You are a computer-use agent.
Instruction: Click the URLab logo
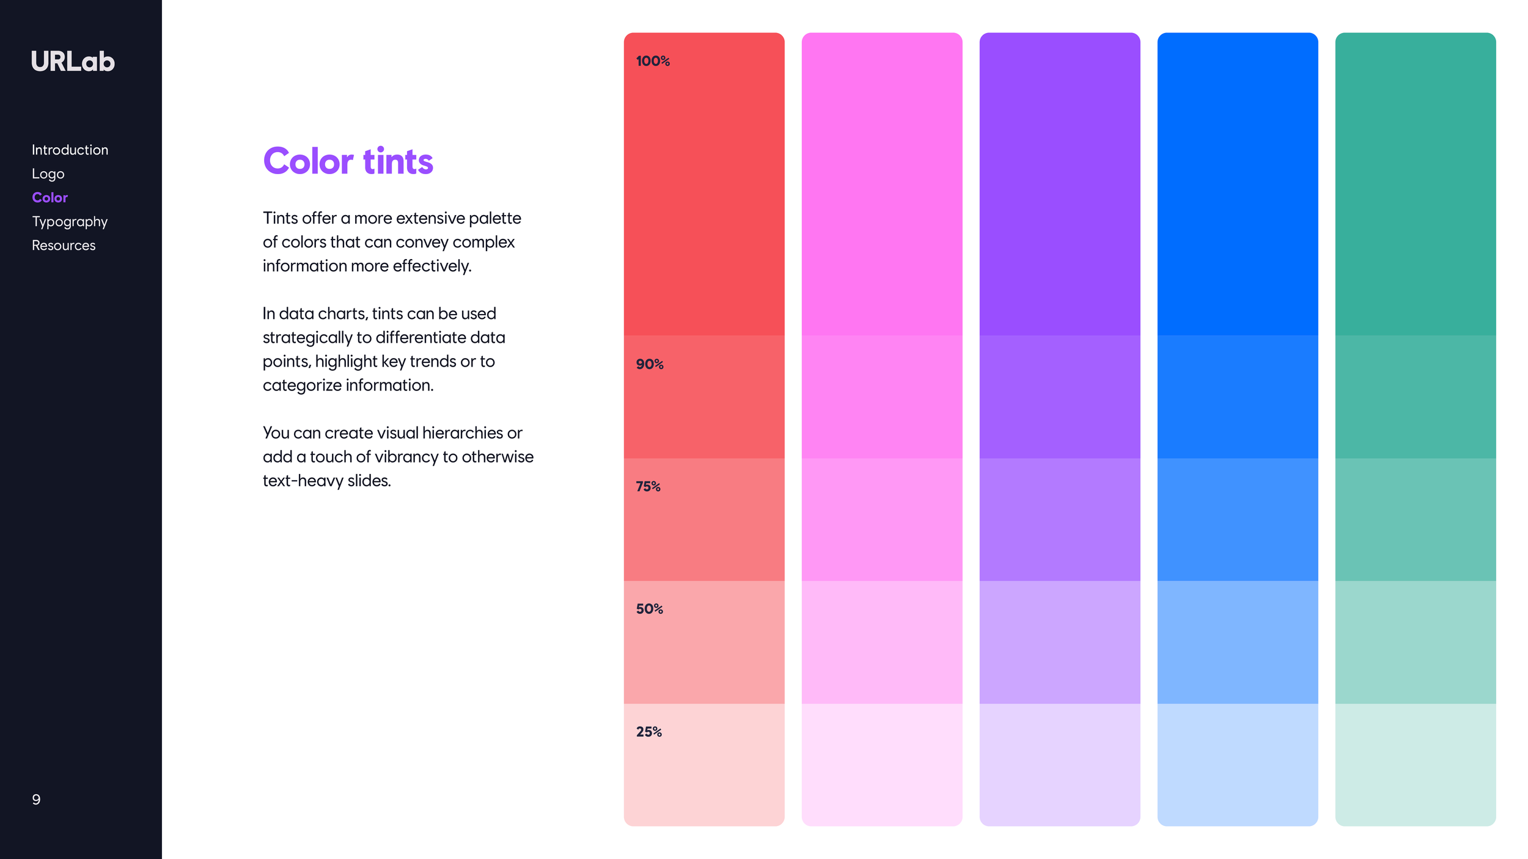pos(73,62)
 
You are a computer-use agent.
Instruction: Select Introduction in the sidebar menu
pos(70,150)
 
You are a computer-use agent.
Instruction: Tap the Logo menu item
pos(48,174)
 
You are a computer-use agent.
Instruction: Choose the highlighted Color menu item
pos(50,197)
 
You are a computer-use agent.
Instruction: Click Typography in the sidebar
pos(70,221)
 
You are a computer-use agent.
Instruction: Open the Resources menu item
pos(64,245)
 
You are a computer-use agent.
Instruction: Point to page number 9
pos(36,800)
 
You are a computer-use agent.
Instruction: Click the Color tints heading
pos(348,161)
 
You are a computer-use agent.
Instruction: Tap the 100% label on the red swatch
pos(653,61)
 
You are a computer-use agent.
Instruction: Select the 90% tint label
pos(650,364)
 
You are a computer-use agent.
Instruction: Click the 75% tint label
pos(648,486)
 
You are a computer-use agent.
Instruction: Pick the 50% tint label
pos(649,609)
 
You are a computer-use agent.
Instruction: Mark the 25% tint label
pos(648,732)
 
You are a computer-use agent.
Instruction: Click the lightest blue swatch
pos(1237,764)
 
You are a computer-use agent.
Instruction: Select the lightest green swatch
pos(1415,764)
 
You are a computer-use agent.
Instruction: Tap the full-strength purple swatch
pos(1059,183)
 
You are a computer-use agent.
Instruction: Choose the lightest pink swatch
pos(881,764)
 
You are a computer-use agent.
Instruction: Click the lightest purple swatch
pos(1059,764)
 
